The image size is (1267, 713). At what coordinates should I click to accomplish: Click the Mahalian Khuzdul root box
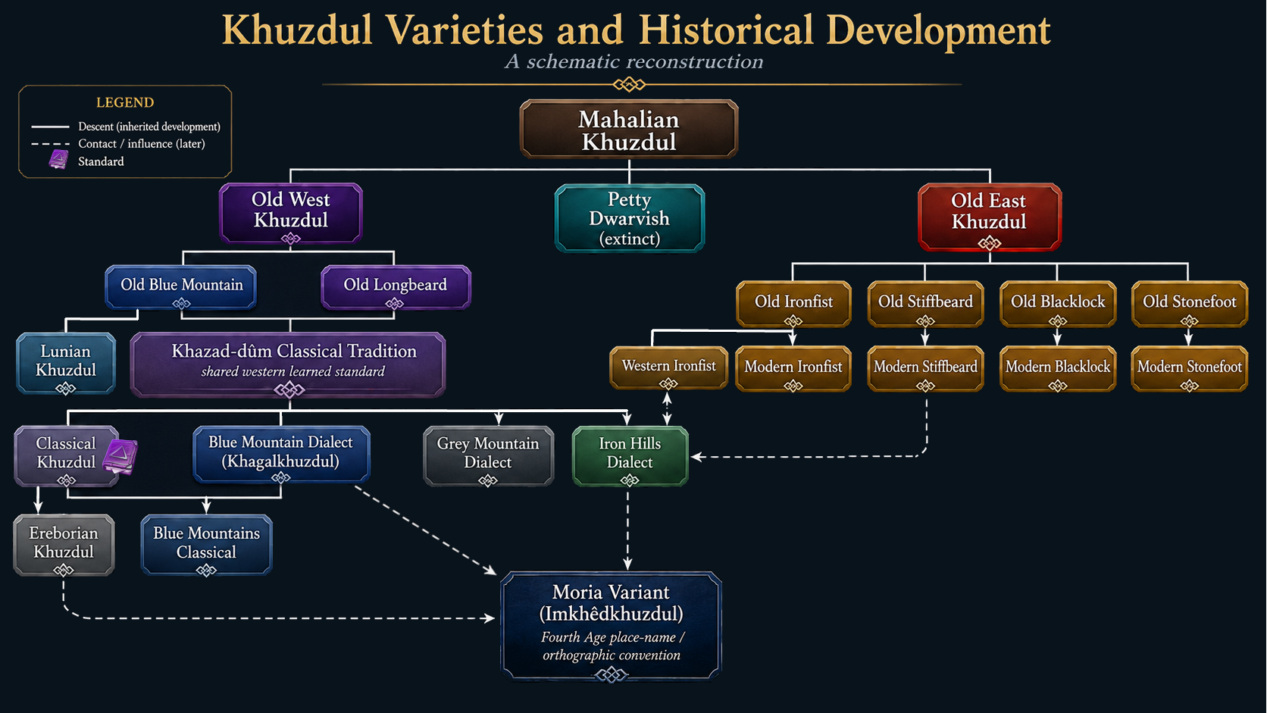pos(629,129)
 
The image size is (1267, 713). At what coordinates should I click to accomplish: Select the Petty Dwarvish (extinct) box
pos(630,218)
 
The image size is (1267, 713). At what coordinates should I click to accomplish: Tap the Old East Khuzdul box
pos(990,217)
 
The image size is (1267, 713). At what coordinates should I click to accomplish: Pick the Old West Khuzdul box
pos(291,213)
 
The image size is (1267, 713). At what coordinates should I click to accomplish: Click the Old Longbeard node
pos(396,287)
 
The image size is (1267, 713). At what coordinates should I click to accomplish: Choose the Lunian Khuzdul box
pos(66,363)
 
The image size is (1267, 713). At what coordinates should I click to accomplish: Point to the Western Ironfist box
pos(668,368)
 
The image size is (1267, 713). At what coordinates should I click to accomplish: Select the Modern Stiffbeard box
pos(925,369)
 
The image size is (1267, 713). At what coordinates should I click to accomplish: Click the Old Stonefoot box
pos(1190,304)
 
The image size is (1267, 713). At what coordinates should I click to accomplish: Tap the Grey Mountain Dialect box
pos(488,455)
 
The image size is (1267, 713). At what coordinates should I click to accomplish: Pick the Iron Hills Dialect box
pos(630,455)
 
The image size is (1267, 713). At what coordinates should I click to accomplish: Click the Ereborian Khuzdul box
pos(64,545)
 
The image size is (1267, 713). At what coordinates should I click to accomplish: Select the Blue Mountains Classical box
pos(206,545)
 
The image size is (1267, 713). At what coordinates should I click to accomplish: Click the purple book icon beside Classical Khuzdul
pos(120,455)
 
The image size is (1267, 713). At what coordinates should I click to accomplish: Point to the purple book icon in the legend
pos(58,160)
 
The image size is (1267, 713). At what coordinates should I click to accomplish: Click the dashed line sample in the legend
pos(50,144)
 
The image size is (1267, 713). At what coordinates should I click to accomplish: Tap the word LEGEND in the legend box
pos(125,102)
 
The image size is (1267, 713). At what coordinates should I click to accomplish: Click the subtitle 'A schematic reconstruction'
pos(634,61)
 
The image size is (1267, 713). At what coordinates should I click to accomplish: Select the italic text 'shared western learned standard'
pos(293,371)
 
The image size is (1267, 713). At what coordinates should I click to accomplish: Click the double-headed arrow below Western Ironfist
pos(668,408)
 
